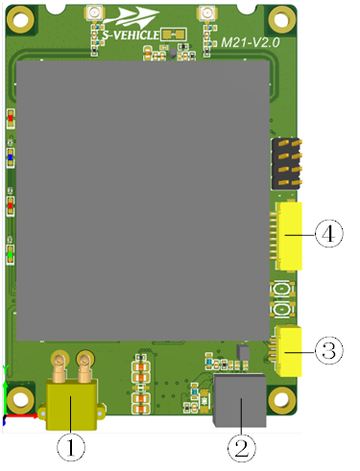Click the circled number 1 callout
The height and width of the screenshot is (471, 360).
click(71, 445)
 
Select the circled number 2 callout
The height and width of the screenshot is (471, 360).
click(242, 445)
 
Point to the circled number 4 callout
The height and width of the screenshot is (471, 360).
click(328, 233)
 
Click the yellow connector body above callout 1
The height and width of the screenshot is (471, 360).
click(70, 403)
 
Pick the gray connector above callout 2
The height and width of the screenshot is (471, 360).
click(239, 401)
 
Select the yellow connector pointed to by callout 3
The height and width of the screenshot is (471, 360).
click(289, 347)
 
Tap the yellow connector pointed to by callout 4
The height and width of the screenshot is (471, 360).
click(289, 233)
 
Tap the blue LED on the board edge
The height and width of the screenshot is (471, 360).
click(10, 154)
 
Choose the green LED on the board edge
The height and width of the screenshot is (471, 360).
click(10, 253)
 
